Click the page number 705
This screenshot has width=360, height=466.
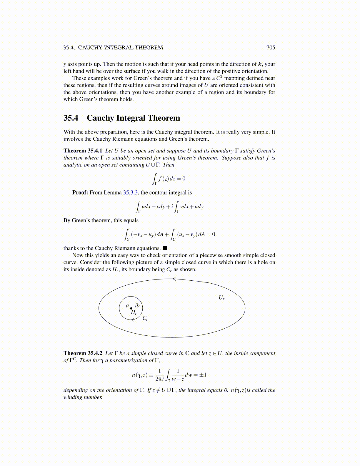tap(271, 48)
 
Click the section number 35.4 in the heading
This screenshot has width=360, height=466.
tap(71, 118)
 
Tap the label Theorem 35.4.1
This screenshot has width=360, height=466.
tap(83, 151)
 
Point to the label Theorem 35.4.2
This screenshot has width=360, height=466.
tap(83, 353)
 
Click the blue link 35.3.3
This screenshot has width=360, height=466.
tap(130, 193)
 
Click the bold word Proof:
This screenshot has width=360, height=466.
tap(80, 193)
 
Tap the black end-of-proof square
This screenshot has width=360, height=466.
tap(165, 248)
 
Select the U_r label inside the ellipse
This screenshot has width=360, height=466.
tap(221, 298)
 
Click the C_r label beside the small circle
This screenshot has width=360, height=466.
tap(145, 318)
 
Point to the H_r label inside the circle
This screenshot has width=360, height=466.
tap(134, 312)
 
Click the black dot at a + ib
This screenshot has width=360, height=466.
tap(131, 308)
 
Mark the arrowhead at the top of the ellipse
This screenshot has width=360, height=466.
tap(174, 279)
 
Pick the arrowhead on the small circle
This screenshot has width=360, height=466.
tap(133, 320)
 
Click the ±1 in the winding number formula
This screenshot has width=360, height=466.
tap(203, 375)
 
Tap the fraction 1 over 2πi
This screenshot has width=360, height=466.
tap(159, 375)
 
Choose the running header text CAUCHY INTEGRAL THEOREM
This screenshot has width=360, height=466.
tap(120, 48)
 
